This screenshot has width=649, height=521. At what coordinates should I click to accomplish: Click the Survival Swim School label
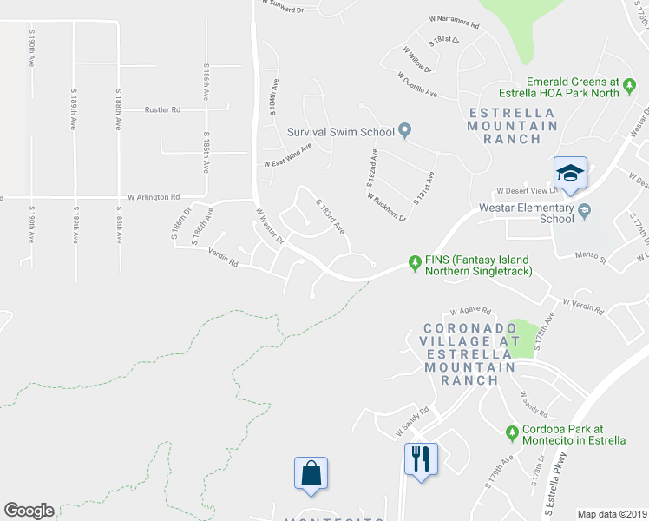click(341, 132)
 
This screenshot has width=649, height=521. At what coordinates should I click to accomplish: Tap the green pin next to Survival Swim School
click(404, 132)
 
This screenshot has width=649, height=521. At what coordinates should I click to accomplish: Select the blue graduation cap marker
click(571, 174)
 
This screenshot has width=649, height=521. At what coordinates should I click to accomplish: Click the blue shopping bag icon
click(311, 474)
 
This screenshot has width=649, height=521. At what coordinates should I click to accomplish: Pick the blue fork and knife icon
click(422, 459)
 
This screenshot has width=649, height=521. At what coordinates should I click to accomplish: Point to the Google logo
click(29, 511)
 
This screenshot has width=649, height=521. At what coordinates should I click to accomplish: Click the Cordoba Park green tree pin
click(512, 432)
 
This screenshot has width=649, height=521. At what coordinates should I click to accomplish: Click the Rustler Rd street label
click(163, 110)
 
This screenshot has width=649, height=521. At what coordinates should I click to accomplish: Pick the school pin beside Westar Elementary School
click(586, 209)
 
